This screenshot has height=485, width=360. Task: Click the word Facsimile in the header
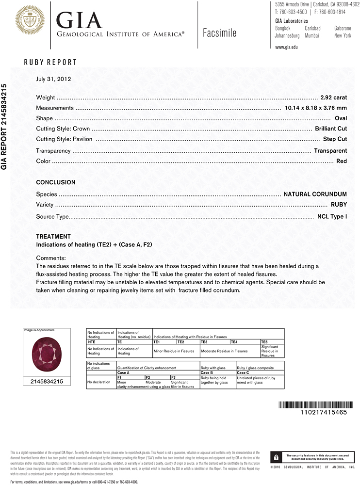(220, 33)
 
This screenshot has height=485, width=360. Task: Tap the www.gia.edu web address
(286, 47)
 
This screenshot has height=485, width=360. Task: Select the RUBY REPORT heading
(50, 62)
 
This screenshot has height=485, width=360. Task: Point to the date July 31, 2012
(53, 79)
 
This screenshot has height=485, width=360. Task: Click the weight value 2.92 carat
(333, 97)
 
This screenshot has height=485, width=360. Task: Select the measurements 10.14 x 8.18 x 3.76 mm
(316, 108)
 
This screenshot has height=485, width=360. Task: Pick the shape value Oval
(341, 118)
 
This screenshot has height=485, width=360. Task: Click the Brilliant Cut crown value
(331, 129)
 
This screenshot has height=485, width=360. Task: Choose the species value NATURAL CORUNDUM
(315, 194)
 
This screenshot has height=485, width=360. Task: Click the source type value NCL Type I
(332, 216)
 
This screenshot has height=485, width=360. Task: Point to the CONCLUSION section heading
(56, 182)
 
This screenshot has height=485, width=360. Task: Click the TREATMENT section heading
(53, 237)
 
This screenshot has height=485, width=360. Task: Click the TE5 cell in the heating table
(264, 342)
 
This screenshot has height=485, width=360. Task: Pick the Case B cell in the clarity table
(207, 372)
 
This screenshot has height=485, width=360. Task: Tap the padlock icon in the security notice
(276, 457)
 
